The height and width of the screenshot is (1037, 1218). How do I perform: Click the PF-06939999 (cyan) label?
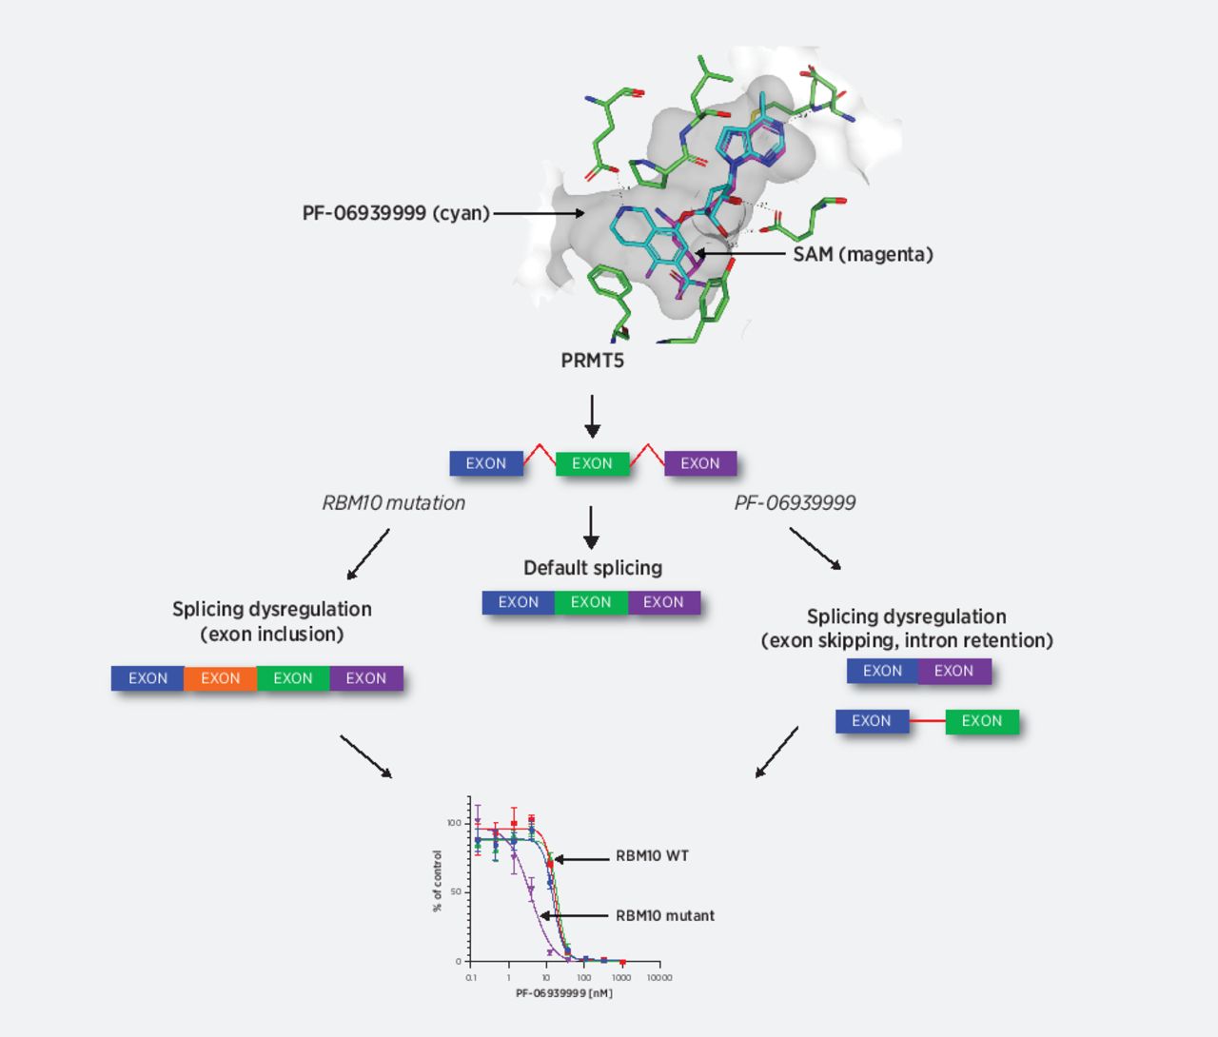(395, 213)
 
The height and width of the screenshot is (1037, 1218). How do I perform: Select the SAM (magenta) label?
(862, 254)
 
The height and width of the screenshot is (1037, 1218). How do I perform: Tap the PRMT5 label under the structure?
(592, 361)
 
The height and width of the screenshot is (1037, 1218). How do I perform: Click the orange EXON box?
(220, 678)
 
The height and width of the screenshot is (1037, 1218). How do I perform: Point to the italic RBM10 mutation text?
(393, 503)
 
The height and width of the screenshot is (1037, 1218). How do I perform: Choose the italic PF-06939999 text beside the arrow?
(795, 503)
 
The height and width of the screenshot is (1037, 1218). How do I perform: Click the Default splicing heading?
(592, 568)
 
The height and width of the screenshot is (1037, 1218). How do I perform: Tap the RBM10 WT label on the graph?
(652, 856)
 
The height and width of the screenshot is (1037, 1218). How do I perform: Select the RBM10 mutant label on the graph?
(664, 915)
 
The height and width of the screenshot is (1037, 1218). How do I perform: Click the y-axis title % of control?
(438, 881)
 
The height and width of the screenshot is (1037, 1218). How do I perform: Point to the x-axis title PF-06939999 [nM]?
(564, 993)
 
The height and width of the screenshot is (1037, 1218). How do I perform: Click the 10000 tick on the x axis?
(659, 977)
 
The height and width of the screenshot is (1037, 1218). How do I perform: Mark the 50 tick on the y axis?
(455, 892)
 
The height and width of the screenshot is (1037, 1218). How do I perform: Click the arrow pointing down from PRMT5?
(592, 416)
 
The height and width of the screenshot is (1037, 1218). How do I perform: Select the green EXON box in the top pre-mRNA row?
(592, 463)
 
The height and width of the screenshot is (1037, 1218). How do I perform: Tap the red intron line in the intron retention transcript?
(927, 721)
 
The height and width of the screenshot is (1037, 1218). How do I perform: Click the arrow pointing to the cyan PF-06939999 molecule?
(539, 213)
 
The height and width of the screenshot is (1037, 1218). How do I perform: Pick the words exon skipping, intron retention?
(906, 640)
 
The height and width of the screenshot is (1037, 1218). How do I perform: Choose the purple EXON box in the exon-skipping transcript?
(953, 671)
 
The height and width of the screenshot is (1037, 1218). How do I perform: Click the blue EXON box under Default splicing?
(519, 602)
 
